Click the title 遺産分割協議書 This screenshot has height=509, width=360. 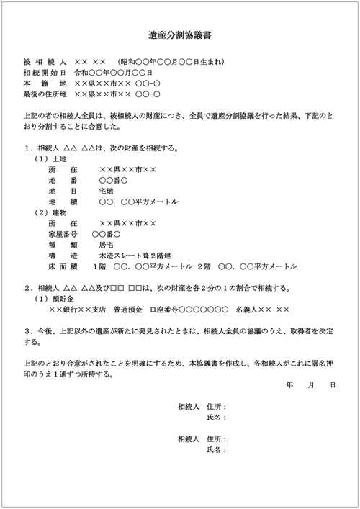pos(179,34)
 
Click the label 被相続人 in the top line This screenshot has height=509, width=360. pos(45,62)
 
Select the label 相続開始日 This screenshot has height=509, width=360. pos(45,73)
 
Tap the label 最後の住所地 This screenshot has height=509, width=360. pos(45,94)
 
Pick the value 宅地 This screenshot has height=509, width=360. pos(107,191)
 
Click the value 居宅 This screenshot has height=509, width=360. pos(107,245)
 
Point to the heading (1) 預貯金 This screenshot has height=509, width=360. pos(55,299)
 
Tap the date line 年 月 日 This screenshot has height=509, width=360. pos(311,386)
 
